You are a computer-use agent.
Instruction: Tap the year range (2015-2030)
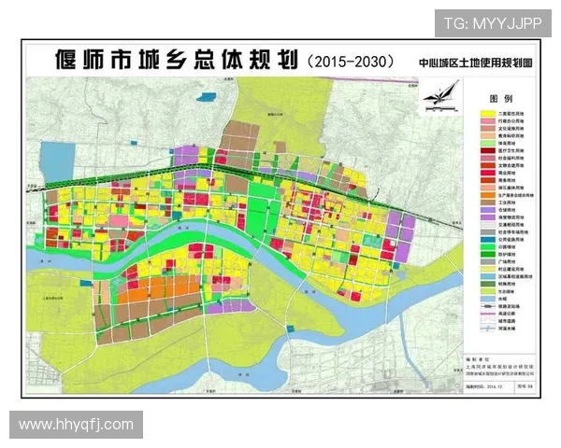tap(348, 61)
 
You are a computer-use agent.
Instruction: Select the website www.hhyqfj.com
tap(77, 425)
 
